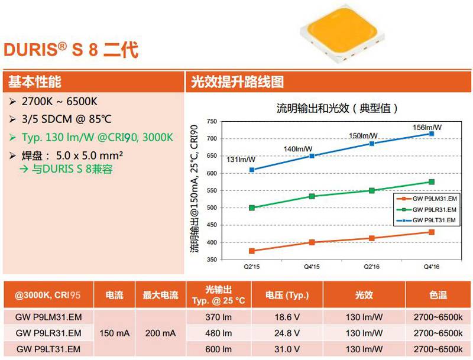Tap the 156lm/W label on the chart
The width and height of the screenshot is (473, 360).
pos(427,127)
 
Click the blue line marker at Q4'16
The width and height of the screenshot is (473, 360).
pos(431,134)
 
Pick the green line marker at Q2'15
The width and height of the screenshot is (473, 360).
pos(252,207)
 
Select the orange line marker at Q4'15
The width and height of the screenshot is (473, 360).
pos(312,242)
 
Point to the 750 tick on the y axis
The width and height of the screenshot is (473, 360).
pos(212,122)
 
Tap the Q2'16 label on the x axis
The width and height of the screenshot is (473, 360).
pos(371,267)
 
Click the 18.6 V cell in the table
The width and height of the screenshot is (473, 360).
pos(287,317)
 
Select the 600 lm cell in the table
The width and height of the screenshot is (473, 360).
pos(218,349)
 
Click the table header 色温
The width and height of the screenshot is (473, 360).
pos(438,294)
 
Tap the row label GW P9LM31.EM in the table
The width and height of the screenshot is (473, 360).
pos(48,317)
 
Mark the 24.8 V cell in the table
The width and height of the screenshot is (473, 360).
pos(287,333)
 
